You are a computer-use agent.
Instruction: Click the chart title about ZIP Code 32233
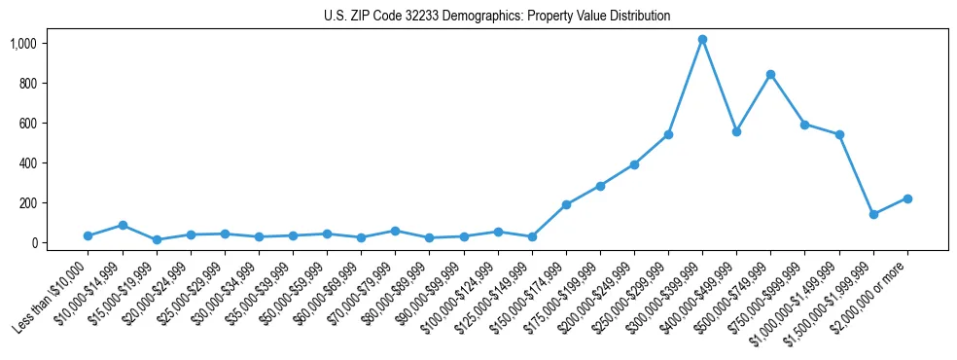(497, 17)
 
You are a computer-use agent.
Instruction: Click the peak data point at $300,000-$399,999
(702, 39)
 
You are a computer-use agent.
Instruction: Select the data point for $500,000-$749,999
(770, 74)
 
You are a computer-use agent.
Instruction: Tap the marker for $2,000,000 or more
(907, 198)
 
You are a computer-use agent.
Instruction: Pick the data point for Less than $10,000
(89, 235)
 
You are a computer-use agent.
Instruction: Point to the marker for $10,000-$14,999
(123, 225)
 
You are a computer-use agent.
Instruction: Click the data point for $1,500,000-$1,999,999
(873, 214)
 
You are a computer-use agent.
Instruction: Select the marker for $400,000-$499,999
(736, 131)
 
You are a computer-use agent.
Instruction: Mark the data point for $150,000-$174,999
(566, 204)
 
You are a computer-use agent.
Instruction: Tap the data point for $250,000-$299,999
(668, 134)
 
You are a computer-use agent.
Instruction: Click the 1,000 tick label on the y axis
(51, 44)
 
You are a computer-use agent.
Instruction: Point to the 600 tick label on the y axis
(54, 124)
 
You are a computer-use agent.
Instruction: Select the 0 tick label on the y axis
(60, 243)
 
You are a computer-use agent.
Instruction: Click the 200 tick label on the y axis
(54, 203)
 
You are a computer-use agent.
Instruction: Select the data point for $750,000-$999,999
(804, 125)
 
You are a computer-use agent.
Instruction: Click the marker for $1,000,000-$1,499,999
(838, 134)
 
